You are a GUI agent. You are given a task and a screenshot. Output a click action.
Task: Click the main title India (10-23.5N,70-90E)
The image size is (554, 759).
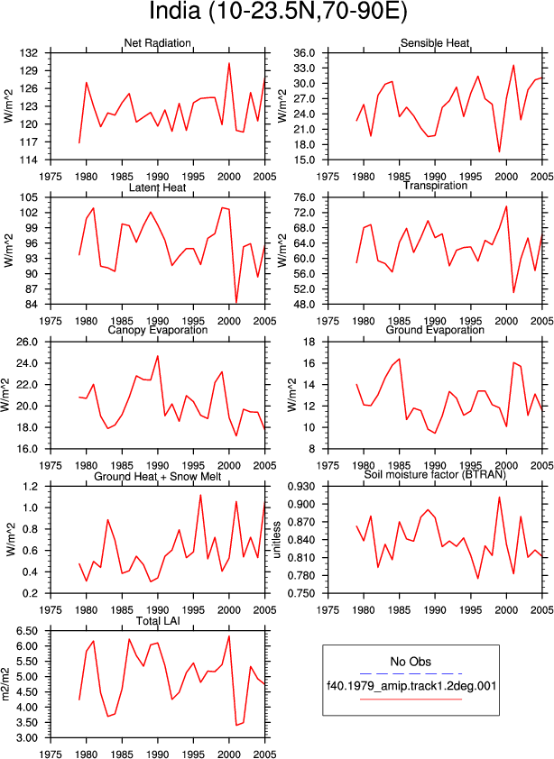(x=278, y=12)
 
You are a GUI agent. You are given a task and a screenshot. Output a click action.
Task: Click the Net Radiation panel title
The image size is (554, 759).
(x=158, y=43)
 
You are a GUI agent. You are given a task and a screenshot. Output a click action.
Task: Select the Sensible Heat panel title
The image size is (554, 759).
(x=435, y=43)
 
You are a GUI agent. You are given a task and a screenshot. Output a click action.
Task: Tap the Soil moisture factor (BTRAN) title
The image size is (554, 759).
(x=435, y=474)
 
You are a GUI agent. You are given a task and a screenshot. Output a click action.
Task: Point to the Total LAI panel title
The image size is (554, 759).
(x=158, y=620)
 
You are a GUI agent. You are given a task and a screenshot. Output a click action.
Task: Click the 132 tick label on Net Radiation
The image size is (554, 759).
(x=29, y=53)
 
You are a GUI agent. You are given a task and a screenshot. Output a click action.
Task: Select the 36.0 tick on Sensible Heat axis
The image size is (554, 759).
(x=305, y=53)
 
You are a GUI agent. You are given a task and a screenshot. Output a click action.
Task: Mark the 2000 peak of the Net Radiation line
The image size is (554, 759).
(x=229, y=63)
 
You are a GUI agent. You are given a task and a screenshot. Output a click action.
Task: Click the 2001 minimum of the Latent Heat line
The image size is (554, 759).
(x=236, y=302)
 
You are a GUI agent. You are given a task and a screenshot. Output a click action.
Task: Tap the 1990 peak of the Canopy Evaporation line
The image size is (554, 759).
(x=158, y=356)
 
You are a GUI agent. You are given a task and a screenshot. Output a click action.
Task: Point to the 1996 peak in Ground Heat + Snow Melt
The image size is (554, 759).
(x=200, y=495)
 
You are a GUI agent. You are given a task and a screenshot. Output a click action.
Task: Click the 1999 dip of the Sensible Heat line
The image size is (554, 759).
(x=499, y=152)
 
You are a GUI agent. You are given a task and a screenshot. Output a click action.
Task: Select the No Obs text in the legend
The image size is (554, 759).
(x=411, y=662)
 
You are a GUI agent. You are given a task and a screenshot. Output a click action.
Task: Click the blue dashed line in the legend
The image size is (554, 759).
(x=411, y=673)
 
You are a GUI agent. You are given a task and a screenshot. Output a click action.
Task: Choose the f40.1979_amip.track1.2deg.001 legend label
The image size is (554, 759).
(x=411, y=686)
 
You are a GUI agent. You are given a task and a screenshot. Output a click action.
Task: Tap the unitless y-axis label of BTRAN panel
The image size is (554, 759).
(x=277, y=540)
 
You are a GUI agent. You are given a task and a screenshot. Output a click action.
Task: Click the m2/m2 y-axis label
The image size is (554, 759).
(x=6, y=684)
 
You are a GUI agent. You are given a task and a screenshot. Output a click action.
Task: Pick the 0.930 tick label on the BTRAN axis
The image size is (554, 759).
(x=302, y=487)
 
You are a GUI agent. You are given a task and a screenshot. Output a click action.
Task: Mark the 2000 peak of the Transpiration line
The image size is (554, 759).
(x=506, y=206)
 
